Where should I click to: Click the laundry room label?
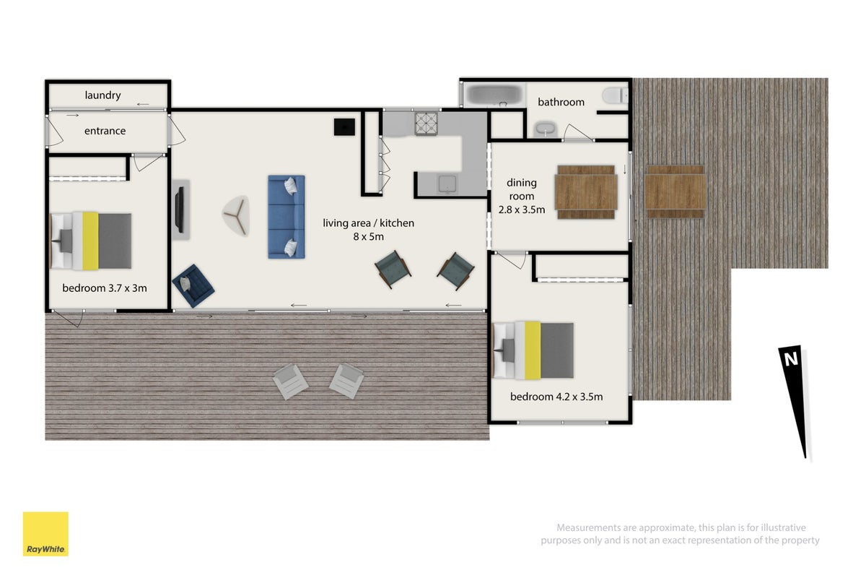102,95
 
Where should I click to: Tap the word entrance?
105,131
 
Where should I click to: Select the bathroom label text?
561,102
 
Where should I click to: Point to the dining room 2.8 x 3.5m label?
522,196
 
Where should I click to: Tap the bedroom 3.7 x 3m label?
105,288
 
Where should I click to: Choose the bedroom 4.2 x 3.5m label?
556,397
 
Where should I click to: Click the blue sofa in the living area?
287,217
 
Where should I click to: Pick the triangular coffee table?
236,215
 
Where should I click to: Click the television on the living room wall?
180,210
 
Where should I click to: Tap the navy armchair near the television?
193,285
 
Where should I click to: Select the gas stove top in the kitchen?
426,124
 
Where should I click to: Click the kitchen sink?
447,184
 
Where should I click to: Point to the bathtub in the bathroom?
494,95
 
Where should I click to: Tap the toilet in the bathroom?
616,95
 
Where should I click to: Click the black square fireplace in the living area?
344,126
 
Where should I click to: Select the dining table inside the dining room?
586,192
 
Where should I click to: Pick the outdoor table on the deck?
675,191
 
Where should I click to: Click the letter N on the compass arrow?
791,359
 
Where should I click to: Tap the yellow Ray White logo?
45,534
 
